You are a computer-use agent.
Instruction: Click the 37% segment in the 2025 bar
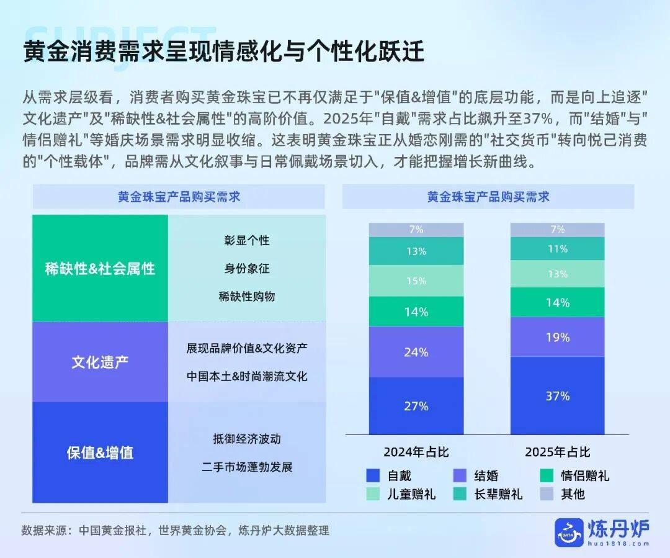[x=557, y=395]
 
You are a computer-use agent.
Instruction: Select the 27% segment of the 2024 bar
[x=416, y=406]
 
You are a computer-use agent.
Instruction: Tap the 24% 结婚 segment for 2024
[x=416, y=352]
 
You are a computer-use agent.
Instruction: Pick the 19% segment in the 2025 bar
[x=557, y=337]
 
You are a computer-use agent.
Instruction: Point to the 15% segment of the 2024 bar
[x=416, y=281]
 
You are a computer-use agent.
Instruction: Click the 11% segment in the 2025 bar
[x=557, y=248]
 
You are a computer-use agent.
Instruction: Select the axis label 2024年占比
[x=416, y=452]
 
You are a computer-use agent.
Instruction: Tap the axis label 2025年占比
[x=557, y=452]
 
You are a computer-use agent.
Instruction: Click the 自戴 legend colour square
[x=373, y=475]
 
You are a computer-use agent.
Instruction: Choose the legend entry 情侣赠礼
[x=574, y=475]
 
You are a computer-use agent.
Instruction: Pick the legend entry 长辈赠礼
[x=488, y=494]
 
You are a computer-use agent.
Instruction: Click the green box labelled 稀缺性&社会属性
[x=100, y=268]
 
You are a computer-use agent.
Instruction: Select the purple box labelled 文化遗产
[x=100, y=362]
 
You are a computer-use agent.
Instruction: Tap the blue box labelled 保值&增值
[x=100, y=452]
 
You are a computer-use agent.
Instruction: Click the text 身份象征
[x=246, y=268]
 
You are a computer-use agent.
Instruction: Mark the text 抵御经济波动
[x=246, y=439]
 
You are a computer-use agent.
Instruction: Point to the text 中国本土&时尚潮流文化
[x=246, y=376]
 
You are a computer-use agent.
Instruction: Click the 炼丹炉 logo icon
[x=569, y=533]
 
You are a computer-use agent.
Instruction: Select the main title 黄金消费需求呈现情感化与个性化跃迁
[x=223, y=52]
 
